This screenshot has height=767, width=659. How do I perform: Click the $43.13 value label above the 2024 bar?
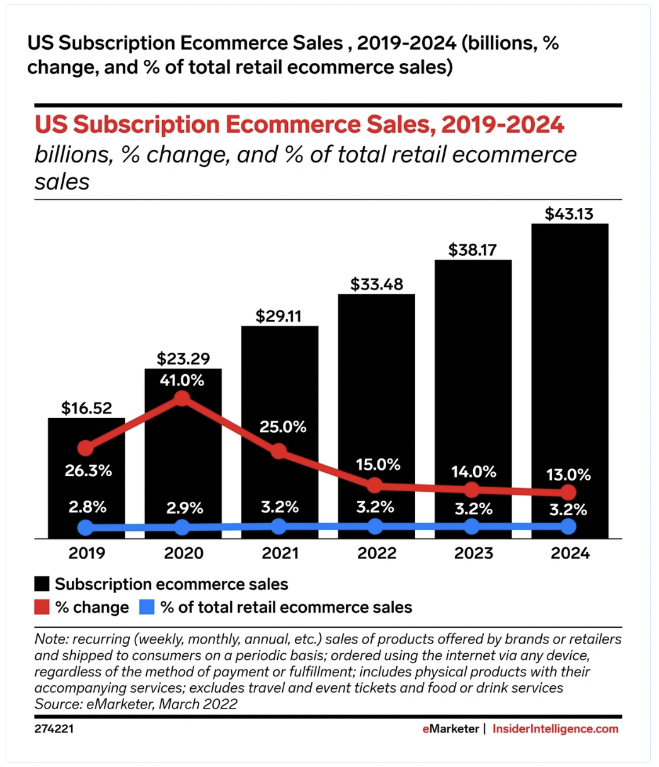tap(569, 213)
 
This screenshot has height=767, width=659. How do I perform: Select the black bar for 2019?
tap(86, 479)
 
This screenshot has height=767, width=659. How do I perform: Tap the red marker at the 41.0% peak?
tap(182, 398)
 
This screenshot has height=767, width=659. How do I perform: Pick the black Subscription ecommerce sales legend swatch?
tap(43, 584)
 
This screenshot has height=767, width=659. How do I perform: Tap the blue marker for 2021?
tap(278, 526)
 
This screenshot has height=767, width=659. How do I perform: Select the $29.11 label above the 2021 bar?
tap(278, 315)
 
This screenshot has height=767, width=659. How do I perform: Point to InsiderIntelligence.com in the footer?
tap(555, 729)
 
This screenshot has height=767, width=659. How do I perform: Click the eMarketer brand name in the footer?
tap(450, 729)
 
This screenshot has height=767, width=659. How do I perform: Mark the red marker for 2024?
tap(568, 492)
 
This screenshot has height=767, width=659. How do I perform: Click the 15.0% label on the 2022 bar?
tap(376, 465)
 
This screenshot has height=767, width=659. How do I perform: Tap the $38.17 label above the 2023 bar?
tap(473, 250)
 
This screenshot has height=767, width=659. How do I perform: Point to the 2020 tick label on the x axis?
tap(183, 554)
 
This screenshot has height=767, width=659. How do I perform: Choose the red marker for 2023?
tap(472, 489)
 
